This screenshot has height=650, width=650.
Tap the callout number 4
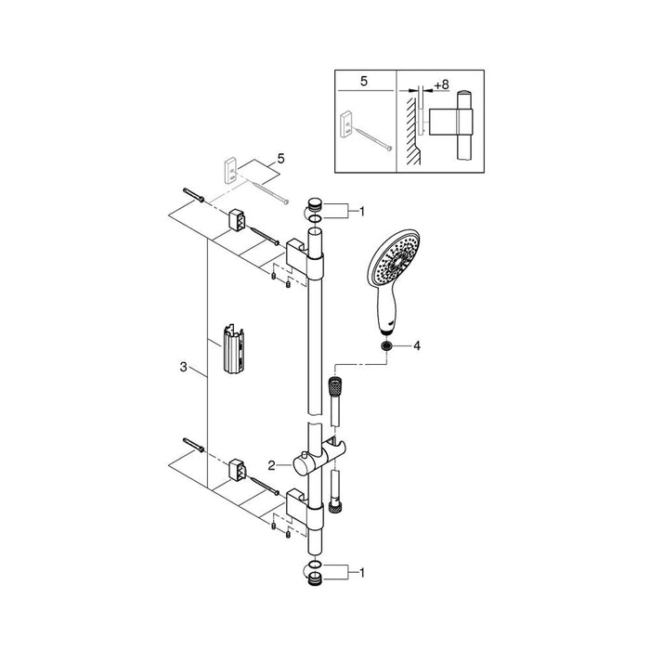point(417,345)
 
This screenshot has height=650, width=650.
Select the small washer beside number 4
point(387,345)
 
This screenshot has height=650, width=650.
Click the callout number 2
point(271,465)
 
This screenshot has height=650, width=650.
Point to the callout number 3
point(184,367)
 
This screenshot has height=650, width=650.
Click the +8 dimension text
point(441,85)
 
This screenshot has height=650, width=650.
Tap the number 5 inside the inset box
point(364,82)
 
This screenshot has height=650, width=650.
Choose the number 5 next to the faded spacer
point(281,159)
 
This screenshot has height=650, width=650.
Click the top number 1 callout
point(362,212)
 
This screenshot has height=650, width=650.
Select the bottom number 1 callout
point(362,573)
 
